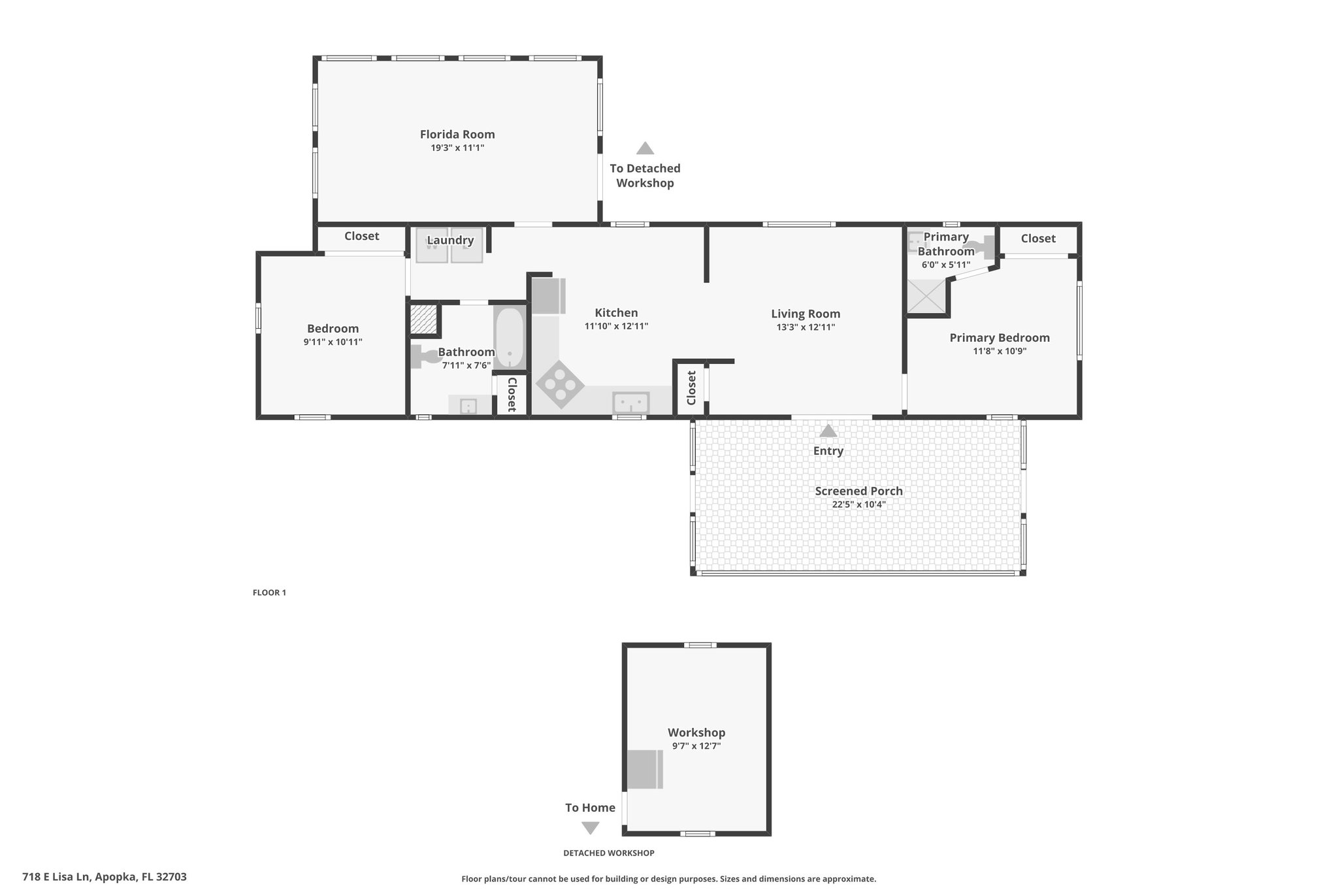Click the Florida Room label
coord(457,134)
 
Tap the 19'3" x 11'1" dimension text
coord(457,148)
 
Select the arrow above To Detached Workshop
coord(645,148)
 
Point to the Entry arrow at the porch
coord(828,431)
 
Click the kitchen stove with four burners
coord(560,385)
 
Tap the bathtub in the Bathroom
coord(509,337)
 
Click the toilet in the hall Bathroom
coord(425,357)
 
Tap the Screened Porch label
coord(858,491)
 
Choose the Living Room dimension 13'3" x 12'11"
coord(806,327)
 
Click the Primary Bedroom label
coord(1000,337)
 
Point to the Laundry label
coord(450,240)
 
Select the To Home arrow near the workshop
coord(591,828)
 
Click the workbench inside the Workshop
coord(645,770)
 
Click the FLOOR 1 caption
coord(269,593)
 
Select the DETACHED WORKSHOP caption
coord(609,853)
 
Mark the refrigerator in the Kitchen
coord(548,296)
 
